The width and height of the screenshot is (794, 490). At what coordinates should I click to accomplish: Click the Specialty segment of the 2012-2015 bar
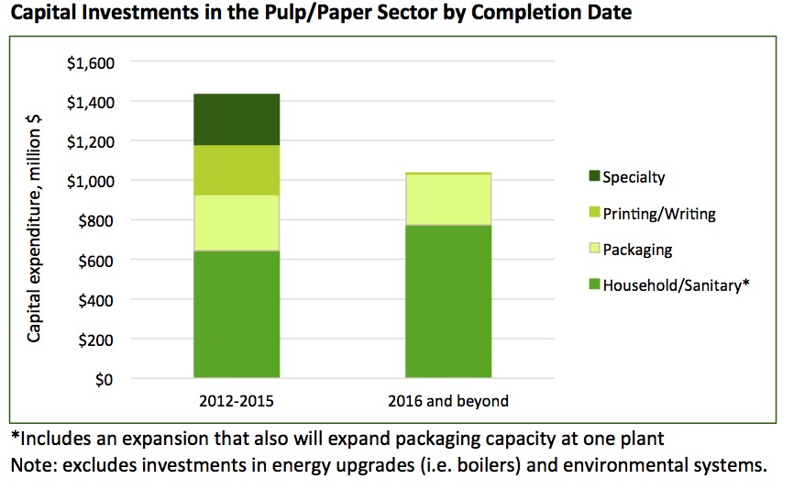pyautogui.click(x=236, y=119)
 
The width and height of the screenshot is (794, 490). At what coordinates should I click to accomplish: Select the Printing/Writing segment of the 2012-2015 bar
pyautogui.click(x=236, y=170)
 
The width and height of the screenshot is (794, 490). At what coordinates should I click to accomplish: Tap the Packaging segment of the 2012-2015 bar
pyautogui.click(x=236, y=223)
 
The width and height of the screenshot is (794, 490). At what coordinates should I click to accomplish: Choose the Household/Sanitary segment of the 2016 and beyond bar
pyautogui.click(x=447, y=301)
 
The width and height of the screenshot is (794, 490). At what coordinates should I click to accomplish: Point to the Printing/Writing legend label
pyautogui.click(x=658, y=214)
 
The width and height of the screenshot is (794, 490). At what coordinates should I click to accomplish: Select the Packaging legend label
pyautogui.click(x=637, y=250)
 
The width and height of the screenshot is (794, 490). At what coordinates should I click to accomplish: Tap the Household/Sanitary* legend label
pyautogui.click(x=676, y=285)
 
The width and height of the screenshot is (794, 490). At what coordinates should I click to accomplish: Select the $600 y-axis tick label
pyautogui.click(x=94, y=261)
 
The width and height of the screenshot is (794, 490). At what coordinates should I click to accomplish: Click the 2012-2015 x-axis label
pyautogui.click(x=236, y=401)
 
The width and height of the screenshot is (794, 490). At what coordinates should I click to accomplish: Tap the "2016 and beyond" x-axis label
pyautogui.click(x=447, y=401)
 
